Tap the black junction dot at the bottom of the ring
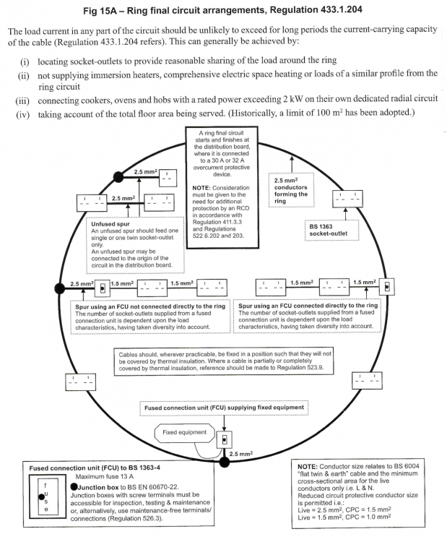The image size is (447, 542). coord(225,462)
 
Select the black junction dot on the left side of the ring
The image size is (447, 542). coord(60,288)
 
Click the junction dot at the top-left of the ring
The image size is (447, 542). coord(118,177)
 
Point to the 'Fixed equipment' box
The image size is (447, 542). coord(184,433)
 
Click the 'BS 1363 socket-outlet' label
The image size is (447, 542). coord(329,230)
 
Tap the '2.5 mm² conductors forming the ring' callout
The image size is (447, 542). coord(291,191)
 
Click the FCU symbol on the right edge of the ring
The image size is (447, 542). coord(387,287)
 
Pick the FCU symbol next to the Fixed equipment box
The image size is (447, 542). coord(224,440)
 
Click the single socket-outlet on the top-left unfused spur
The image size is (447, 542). coord(168,178)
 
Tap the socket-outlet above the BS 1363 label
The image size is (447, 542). coord(347,199)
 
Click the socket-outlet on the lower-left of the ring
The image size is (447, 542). coord(80,382)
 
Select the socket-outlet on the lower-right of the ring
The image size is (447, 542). coord(367,380)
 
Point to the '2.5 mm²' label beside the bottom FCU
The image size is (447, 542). coord(241,454)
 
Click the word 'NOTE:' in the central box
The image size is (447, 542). coord(201,188)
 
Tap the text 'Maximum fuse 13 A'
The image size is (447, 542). coord(104,477)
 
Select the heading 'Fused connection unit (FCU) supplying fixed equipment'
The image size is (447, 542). coord(224,408)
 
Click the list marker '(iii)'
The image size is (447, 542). coord(22,101)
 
